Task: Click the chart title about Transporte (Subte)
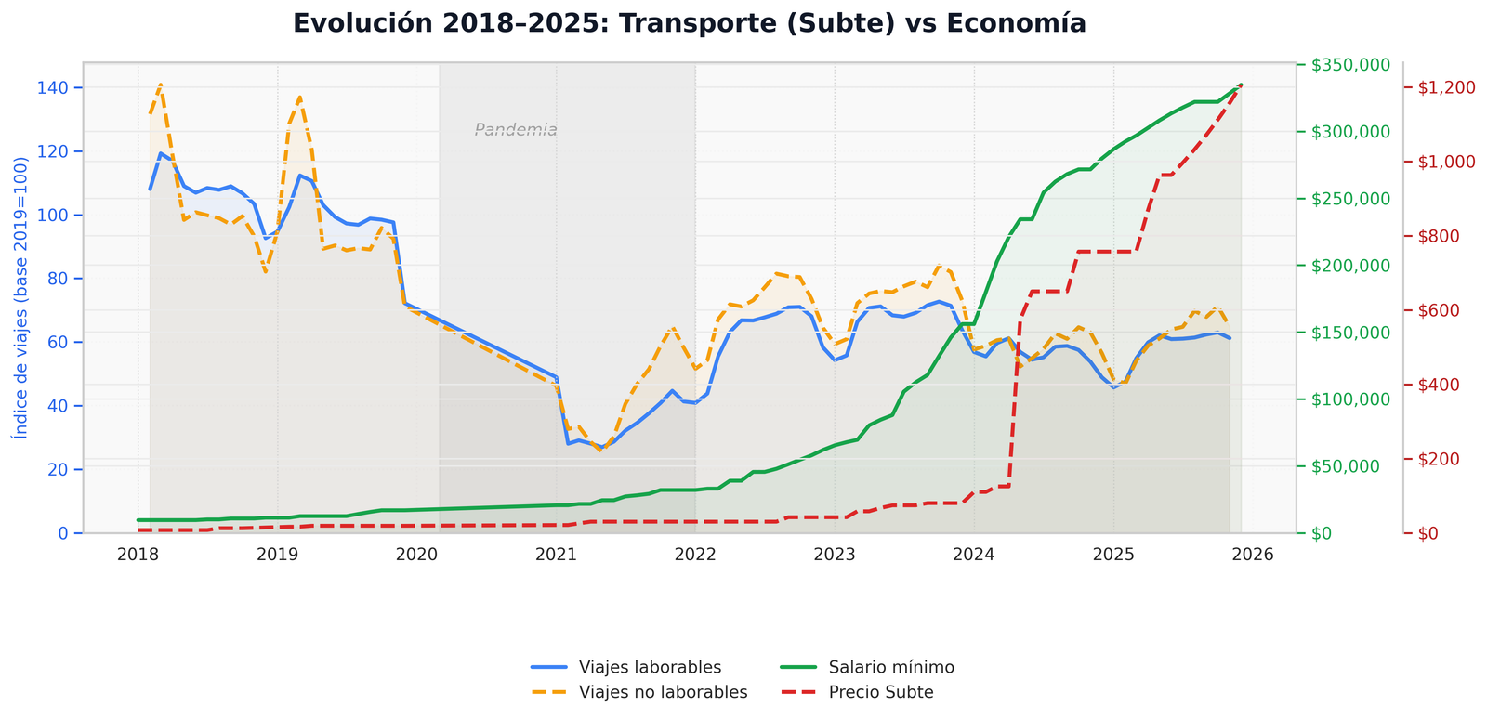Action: [x=689, y=23]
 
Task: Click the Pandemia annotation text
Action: [x=516, y=130]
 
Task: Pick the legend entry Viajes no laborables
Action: [x=663, y=692]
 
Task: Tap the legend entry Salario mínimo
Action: [x=891, y=667]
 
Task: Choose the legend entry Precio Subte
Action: [x=881, y=692]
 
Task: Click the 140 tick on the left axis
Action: [x=57, y=87]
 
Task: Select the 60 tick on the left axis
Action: [x=60, y=342]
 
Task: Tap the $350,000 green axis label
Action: [x=1350, y=65]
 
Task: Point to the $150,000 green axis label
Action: [x=1350, y=333]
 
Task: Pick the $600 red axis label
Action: [x=1443, y=310]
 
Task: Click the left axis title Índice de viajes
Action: [x=20, y=297]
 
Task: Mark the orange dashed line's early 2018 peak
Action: [x=161, y=85]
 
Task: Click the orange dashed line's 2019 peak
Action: [x=300, y=97]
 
